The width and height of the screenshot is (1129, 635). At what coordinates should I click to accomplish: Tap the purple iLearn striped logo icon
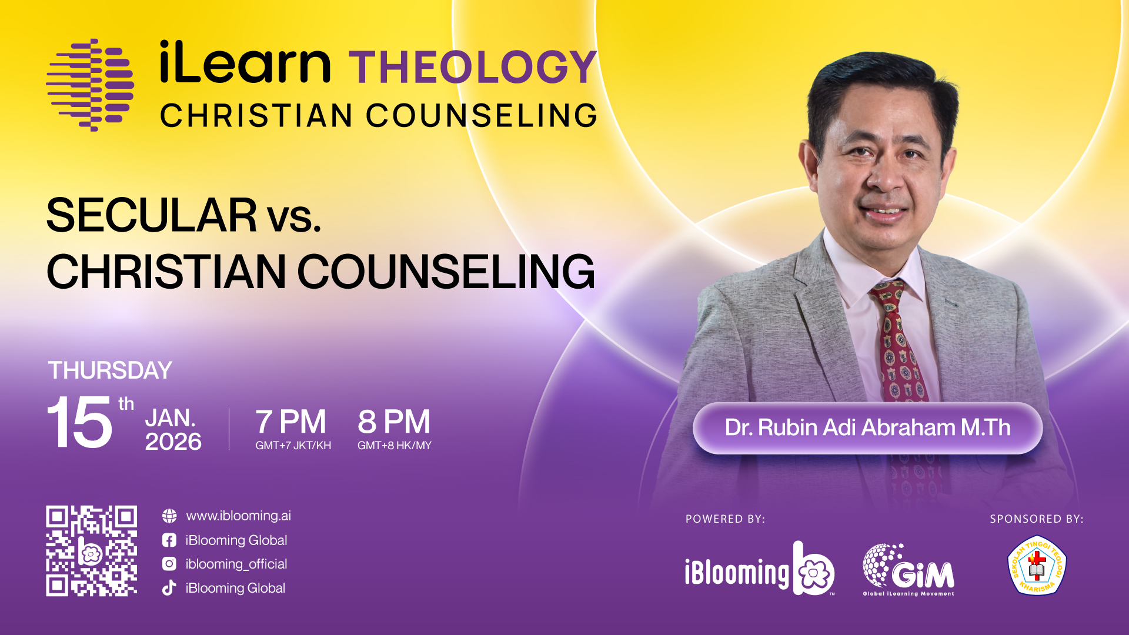coord(90,85)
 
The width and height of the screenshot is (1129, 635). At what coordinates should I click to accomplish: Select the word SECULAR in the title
coord(152,215)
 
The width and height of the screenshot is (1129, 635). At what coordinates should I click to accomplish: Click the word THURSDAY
coord(110,370)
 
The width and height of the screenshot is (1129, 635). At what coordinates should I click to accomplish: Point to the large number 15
coord(79,422)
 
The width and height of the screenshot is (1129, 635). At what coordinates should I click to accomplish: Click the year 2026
coord(173,442)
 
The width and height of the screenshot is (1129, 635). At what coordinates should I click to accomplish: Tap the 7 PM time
coord(290,422)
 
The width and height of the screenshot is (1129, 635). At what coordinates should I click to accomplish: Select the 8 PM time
coord(394,422)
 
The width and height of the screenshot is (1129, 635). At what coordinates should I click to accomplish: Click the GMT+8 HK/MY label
coord(395,446)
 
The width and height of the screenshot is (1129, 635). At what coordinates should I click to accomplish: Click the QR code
coord(92,551)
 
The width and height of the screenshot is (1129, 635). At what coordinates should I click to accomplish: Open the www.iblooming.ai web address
coord(239,516)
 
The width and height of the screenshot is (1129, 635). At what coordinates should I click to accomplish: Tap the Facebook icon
coord(169,540)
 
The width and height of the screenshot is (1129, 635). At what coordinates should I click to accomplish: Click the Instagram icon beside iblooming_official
coord(169,564)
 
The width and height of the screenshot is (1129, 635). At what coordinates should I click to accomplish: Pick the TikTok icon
coord(169,588)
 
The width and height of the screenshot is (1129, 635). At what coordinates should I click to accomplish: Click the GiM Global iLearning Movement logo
coord(908,570)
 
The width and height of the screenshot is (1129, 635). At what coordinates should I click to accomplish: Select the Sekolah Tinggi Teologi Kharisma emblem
coord(1037,565)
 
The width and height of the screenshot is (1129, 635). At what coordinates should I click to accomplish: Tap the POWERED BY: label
coord(725,519)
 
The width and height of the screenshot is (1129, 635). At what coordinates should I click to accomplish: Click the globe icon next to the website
coord(169,516)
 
